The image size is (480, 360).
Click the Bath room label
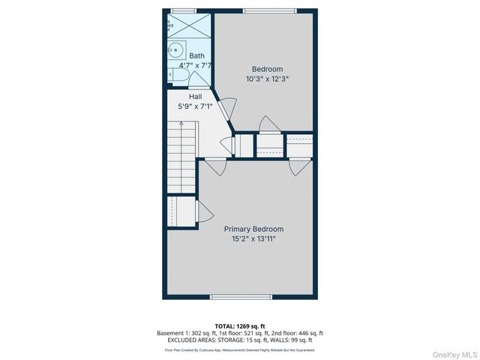(196, 55)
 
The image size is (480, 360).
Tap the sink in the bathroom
(176, 51)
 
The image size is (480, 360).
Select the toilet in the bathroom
(172, 74)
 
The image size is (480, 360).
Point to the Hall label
(195, 97)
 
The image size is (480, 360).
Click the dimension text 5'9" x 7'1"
(195, 106)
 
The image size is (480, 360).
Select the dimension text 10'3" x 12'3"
(267, 79)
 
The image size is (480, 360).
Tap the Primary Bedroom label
(254, 229)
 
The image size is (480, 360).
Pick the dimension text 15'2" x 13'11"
(254, 239)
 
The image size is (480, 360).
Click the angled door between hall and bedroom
(227, 105)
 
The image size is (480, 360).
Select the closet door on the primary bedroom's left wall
(202, 212)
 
